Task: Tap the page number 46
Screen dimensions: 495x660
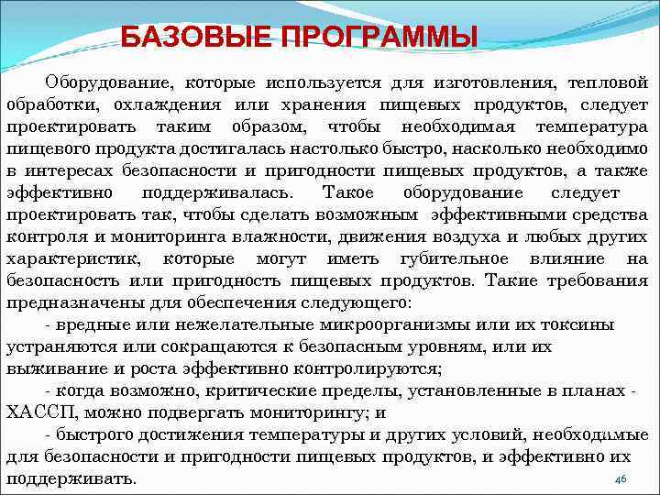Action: coord(619,479)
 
